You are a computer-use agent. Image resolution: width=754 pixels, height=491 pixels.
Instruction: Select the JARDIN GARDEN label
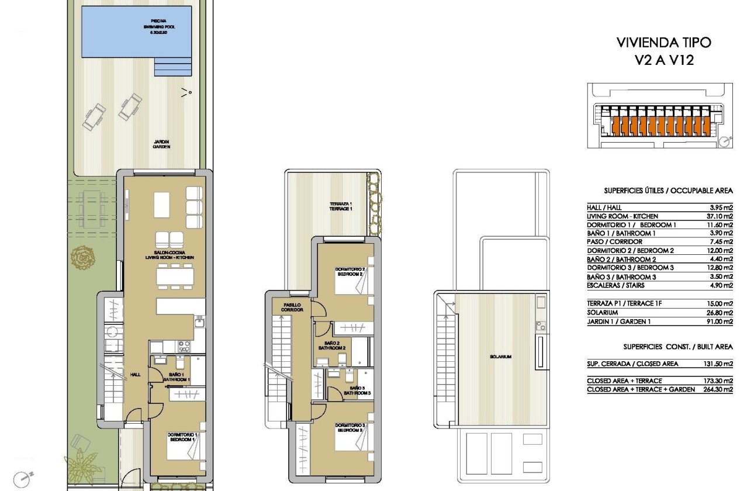point(162,144)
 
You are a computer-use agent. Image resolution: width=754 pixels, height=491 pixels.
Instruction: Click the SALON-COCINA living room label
point(170,255)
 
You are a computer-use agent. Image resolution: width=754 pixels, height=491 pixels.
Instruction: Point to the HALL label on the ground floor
point(135,375)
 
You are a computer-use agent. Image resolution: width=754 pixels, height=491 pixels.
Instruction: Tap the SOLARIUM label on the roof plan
point(501,357)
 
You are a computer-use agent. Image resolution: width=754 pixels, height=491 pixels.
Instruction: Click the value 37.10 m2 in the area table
point(717,216)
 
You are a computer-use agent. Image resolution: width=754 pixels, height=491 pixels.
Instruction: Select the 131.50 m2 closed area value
point(716,364)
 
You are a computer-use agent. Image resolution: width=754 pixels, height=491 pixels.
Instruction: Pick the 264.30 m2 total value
point(716,389)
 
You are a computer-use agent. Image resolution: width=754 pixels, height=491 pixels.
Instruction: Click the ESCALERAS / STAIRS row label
point(614,285)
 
